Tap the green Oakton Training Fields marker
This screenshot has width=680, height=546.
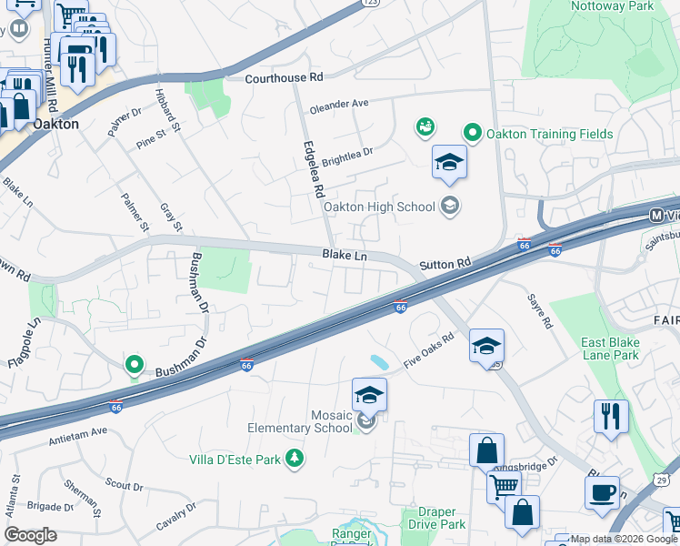click(473, 134)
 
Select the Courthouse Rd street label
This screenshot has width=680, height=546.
click(284, 79)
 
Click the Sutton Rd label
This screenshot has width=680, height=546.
click(445, 265)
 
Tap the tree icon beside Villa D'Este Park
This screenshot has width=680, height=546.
click(295, 460)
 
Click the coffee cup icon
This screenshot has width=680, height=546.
click(602, 492)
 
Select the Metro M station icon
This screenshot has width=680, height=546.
click(657, 215)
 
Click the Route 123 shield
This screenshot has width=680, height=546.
click(370, 4)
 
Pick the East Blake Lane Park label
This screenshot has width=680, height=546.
click(611, 349)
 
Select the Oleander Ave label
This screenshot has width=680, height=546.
click(339, 105)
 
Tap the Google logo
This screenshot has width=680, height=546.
click(30, 535)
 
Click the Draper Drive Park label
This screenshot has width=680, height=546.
click(429, 518)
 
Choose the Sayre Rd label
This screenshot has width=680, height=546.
click(541, 311)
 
